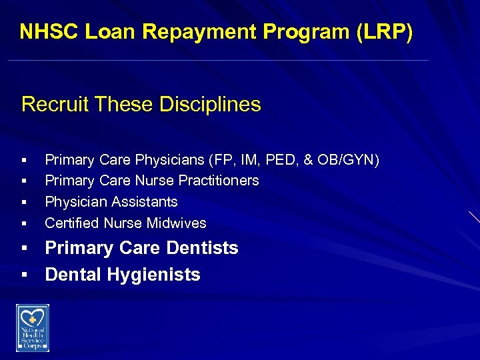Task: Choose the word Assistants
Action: click(x=144, y=202)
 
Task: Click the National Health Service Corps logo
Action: click(x=33, y=327)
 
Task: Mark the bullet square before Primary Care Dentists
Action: click(x=24, y=249)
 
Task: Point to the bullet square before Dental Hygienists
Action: click(x=24, y=275)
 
